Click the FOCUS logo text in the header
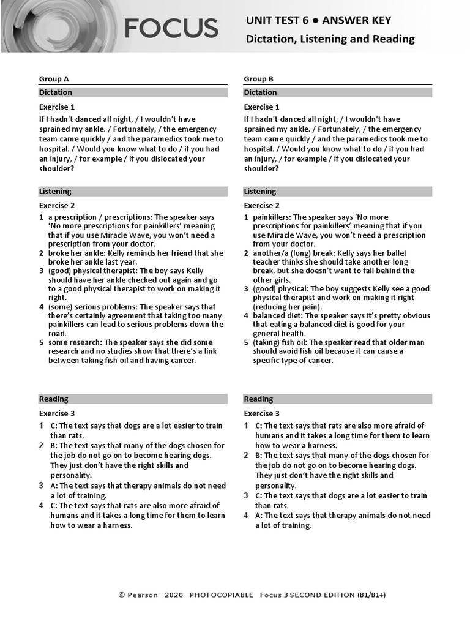coord(171,28)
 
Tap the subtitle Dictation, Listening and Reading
coord(330,39)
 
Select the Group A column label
coord(54,79)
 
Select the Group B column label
coord(258,79)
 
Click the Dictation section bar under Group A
coord(133,92)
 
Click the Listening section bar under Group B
coord(338,192)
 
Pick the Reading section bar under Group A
coord(133,399)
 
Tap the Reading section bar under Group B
coord(338,399)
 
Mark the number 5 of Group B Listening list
coord(246,343)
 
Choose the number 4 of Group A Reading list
coord(42,506)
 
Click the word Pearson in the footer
coord(143,595)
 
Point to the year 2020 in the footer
coord(174,595)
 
